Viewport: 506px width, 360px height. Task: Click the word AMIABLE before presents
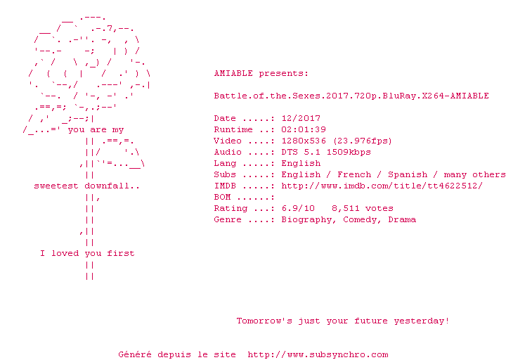pyautogui.click(x=233, y=73)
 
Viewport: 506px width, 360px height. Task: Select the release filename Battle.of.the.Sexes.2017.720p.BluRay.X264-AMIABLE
pyautogui.click(x=351, y=96)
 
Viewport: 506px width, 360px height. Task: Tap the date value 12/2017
pyautogui.click(x=301, y=119)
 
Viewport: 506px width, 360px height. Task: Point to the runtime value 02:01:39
pyautogui.click(x=304, y=130)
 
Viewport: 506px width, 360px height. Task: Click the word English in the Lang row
pyautogui.click(x=301, y=163)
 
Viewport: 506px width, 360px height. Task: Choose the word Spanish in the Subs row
pyautogui.click(x=408, y=174)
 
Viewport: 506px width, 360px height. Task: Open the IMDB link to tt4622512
pyautogui.click(x=382, y=186)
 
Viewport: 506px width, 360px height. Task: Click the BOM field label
pyautogui.click(x=222, y=198)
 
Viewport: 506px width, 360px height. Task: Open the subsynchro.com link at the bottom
pyautogui.click(x=318, y=354)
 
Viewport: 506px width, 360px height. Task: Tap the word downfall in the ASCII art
pyautogui.click(x=112, y=186)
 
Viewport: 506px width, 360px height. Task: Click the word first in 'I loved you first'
pyautogui.click(x=121, y=253)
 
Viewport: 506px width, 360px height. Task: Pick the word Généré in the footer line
pyautogui.click(x=135, y=354)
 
